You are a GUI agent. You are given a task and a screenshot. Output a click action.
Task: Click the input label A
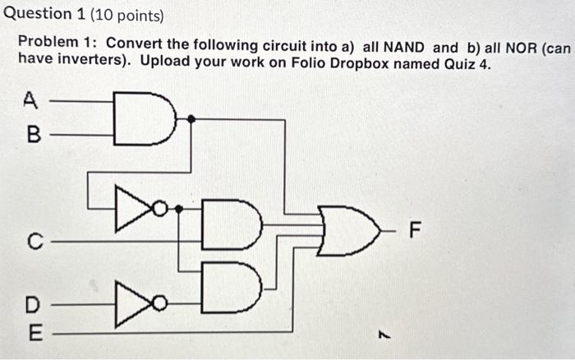pyautogui.click(x=31, y=101)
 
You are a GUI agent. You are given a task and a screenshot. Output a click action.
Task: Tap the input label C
pyautogui.click(x=33, y=242)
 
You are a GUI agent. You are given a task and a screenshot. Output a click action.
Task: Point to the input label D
pyautogui.click(x=32, y=304)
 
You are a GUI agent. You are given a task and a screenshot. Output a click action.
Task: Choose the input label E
pyautogui.click(x=32, y=333)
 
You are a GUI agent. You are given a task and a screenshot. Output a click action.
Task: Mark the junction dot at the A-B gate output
pyautogui.click(x=191, y=119)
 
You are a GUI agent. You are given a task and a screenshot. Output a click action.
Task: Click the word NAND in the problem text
pyautogui.click(x=400, y=47)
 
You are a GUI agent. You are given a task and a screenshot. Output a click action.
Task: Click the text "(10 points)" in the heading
pyautogui.click(x=126, y=15)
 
